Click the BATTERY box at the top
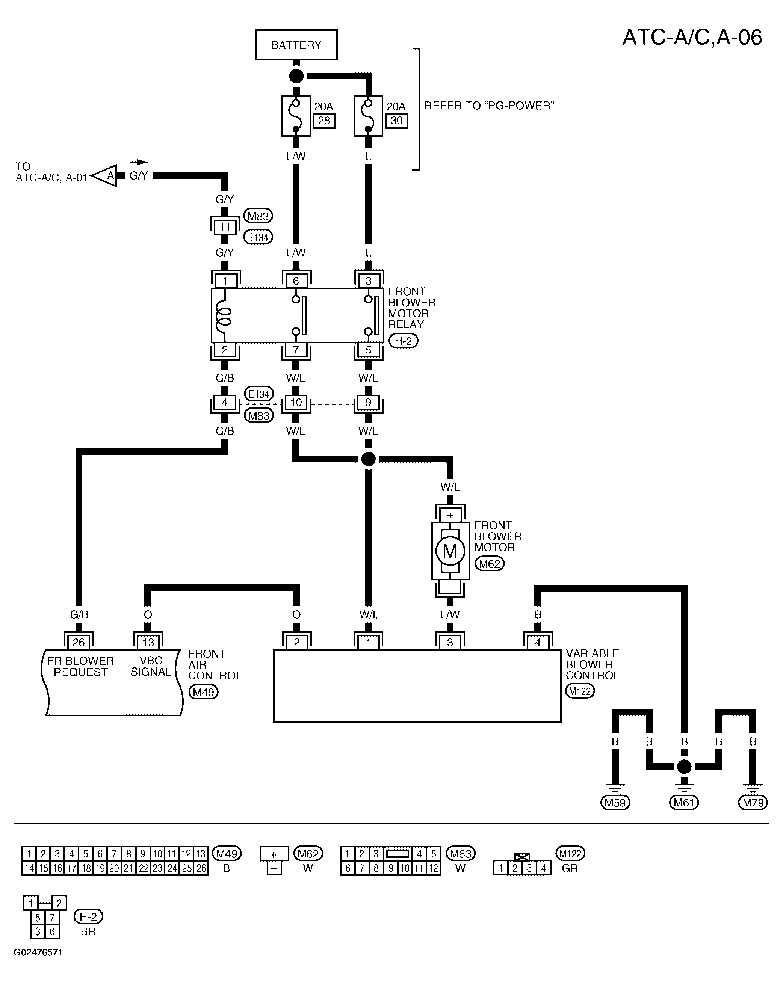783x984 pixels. click(296, 45)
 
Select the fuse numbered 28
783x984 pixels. click(296, 115)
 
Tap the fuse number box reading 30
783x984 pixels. click(396, 121)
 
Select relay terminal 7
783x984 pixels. click(296, 350)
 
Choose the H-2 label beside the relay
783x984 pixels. click(403, 341)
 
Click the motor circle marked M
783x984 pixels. click(450, 551)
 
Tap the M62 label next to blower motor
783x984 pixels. click(490, 564)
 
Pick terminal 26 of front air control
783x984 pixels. click(79, 643)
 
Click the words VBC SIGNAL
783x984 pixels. click(151, 666)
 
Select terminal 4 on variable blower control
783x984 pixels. click(537, 643)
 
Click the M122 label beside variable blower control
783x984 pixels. click(580, 691)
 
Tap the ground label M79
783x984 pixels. click(753, 802)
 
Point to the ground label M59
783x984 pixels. click(615, 802)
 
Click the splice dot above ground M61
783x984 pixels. click(684, 766)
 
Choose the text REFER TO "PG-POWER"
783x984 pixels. click(490, 106)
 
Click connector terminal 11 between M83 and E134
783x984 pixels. click(225, 227)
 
